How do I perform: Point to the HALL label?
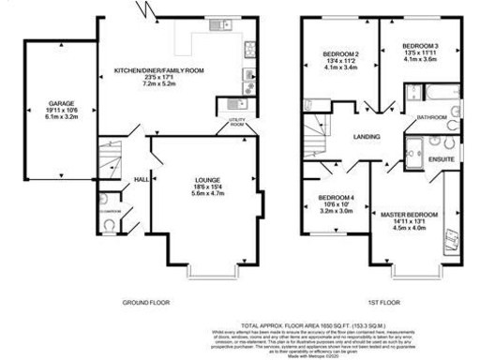click(x=142, y=179)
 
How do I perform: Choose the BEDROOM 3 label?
click(x=420, y=46)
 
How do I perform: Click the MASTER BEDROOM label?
click(x=408, y=215)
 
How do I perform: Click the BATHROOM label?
click(x=432, y=117)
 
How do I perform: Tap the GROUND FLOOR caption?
click(x=147, y=303)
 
